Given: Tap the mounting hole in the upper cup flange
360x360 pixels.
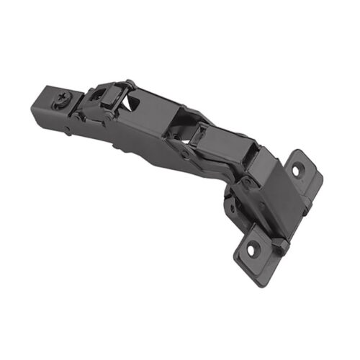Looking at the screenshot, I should [x=299, y=170].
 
